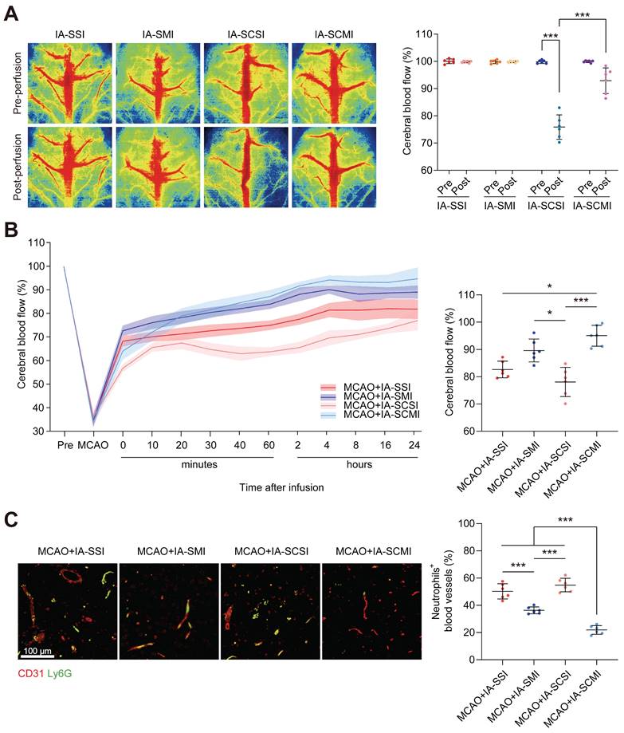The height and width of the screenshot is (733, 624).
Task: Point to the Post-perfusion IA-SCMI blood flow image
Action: (x=334, y=164)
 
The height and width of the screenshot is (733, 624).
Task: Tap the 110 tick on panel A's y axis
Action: (x=422, y=34)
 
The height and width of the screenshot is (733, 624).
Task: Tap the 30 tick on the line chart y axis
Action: (x=40, y=431)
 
